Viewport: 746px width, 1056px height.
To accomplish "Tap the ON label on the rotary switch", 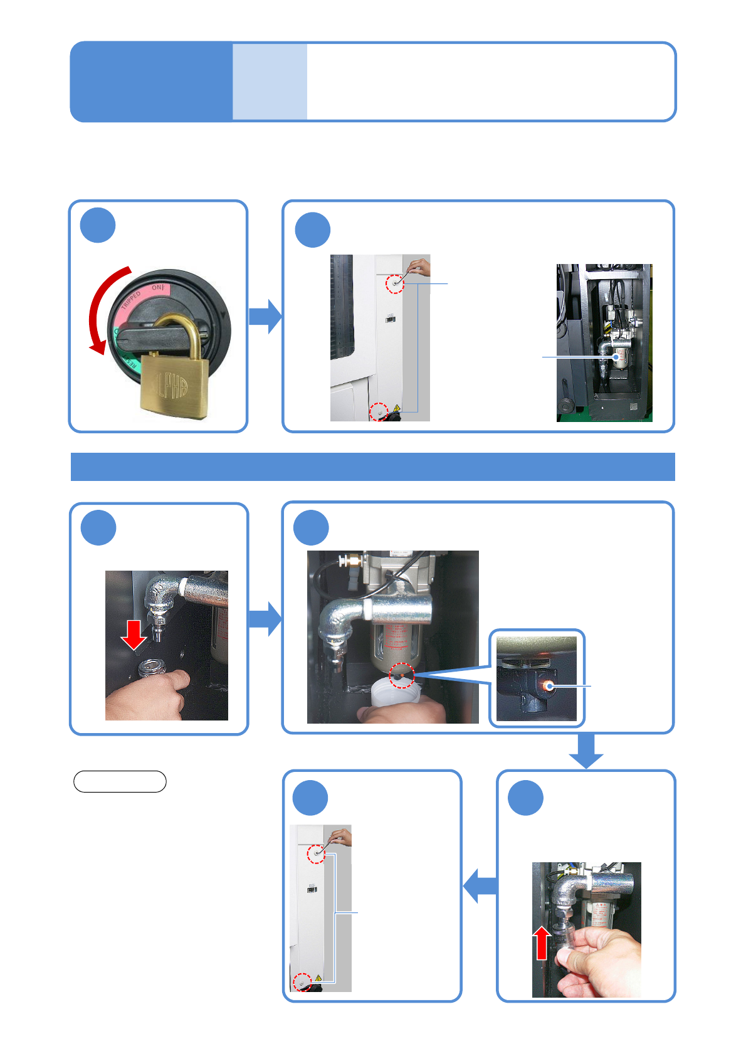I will [158, 288].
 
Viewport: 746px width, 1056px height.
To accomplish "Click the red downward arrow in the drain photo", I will [134, 635].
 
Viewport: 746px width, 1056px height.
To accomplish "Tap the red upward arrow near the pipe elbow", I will [543, 943].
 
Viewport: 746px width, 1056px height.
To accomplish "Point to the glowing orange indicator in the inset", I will [549, 686].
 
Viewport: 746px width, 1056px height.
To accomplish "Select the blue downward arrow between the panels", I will [586, 751].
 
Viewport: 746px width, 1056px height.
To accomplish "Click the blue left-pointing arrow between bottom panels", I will [479, 885].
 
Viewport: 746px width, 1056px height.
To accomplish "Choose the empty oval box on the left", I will [120, 781].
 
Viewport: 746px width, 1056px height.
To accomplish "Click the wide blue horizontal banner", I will [372, 467].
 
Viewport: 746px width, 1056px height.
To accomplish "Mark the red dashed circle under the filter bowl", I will [402, 675].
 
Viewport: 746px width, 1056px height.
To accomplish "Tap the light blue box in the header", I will [270, 82].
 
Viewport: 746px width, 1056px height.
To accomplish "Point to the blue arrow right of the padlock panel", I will [265, 316].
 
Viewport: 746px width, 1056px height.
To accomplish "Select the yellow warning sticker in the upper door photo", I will [396, 408].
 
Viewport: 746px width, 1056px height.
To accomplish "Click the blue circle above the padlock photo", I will [98, 226].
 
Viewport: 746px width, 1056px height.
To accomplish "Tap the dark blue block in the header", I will [151, 82].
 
